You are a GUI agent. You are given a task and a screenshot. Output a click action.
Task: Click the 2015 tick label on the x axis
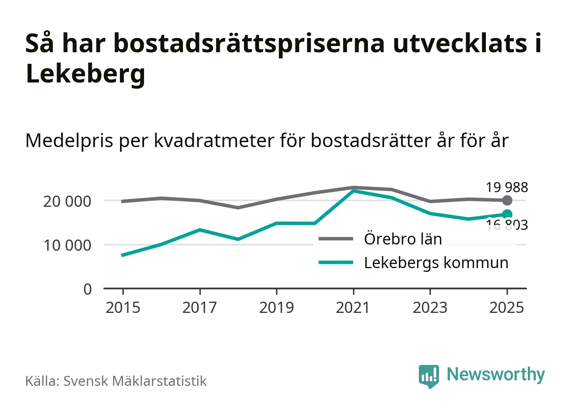point(123,308)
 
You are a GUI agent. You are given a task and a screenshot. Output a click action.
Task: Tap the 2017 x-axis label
point(199,308)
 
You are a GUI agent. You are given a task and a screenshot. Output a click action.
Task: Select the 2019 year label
point(276,308)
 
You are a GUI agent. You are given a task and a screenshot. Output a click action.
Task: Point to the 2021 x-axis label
point(353,308)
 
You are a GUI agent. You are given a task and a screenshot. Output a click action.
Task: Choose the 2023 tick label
point(430,308)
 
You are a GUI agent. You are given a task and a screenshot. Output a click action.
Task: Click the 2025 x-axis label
point(507,308)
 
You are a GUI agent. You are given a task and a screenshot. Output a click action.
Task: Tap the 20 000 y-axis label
point(67,201)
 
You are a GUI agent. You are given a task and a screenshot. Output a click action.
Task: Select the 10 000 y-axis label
point(67,245)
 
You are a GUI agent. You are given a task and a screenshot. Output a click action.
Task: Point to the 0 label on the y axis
point(87,289)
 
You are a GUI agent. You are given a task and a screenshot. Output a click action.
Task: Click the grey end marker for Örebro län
point(507,201)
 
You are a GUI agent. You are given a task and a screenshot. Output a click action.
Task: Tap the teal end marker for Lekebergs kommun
point(507,214)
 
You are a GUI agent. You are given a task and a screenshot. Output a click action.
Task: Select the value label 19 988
point(507,187)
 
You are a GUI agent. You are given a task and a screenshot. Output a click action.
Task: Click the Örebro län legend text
point(403,239)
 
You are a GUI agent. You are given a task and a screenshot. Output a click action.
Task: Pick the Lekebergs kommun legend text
point(436,263)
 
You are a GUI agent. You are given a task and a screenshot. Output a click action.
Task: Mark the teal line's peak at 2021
point(353,191)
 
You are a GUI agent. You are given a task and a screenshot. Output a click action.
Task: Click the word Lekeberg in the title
point(85,73)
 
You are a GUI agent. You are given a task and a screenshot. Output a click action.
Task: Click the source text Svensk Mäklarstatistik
point(135,381)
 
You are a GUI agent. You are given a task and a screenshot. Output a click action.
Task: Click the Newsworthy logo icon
point(428,376)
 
